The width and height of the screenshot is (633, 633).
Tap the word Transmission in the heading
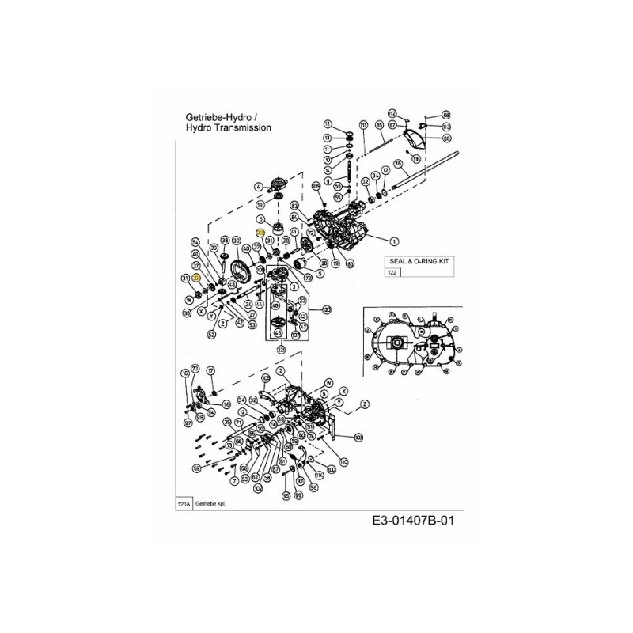[241, 127]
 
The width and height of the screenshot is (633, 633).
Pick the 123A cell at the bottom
[184, 502]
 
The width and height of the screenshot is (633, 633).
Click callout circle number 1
[394, 241]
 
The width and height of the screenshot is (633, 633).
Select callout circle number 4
[257, 186]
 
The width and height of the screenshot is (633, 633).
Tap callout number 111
[363, 126]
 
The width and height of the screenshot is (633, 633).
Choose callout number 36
[399, 164]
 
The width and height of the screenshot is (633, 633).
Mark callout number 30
[236, 241]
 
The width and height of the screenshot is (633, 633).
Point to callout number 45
[277, 333]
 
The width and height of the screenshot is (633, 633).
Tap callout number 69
[196, 468]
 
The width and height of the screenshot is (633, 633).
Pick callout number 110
[342, 461]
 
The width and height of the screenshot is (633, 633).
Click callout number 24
[248, 304]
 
